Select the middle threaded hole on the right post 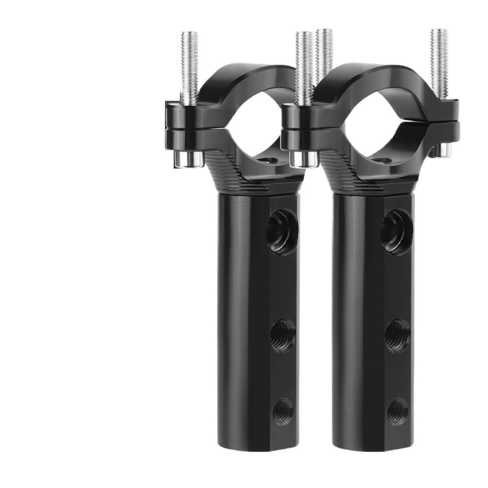coord(397,336)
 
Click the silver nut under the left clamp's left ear coord(189,158)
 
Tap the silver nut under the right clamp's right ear coord(441,149)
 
